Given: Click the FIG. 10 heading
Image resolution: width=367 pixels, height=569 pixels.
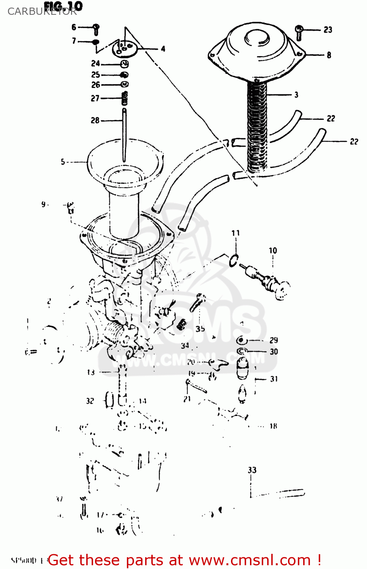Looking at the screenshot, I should [63, 6].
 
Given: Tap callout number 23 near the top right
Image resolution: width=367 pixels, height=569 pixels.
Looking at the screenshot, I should [328, 30].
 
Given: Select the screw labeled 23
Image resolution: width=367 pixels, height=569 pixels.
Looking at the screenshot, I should [299, 33].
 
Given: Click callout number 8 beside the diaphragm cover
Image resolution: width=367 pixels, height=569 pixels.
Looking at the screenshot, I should [329, 55].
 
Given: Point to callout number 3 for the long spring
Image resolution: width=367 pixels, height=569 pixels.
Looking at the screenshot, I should [296, 95].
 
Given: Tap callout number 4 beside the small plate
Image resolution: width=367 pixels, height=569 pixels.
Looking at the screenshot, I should [163, 49].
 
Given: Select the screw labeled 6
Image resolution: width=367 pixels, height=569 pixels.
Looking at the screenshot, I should [96, 29].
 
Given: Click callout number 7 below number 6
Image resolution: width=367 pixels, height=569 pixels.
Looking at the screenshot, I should [74, 41].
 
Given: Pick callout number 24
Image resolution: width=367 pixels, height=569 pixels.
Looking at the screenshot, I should [95, 63].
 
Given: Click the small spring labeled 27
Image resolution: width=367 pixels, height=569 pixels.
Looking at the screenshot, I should [124, 99].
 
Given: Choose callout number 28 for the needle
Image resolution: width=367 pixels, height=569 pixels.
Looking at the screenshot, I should [95, 120].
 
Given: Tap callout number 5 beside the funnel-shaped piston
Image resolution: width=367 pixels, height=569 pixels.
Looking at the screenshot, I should [63, 162].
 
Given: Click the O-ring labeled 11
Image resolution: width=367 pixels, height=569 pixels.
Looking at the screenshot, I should [234, 260].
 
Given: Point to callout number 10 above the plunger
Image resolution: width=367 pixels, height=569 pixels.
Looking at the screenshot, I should [273, 250].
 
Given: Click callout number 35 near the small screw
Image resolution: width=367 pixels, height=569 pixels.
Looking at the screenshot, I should [200, 329].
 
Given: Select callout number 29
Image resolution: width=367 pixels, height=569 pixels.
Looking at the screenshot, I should [274, 340].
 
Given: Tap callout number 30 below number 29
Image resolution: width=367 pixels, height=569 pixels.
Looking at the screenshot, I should [274, 352].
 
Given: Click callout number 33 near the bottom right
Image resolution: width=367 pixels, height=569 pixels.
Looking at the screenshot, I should [252, 470].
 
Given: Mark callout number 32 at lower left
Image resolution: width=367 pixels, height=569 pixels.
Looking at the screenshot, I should [90, 401].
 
